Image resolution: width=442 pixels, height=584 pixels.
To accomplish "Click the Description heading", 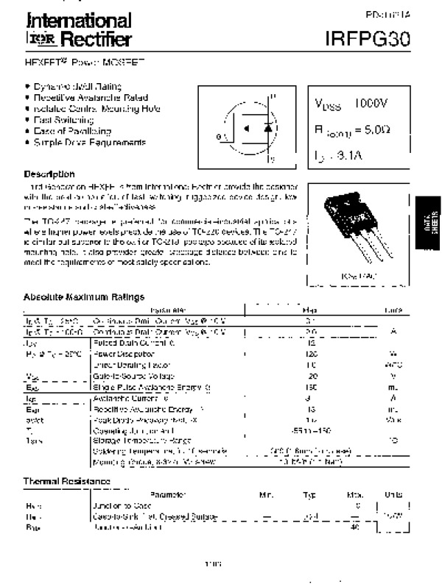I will point(49,174).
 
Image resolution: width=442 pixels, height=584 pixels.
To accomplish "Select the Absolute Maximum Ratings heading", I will point(84,298).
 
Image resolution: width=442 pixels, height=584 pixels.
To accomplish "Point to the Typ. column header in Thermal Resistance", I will point(309,494).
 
